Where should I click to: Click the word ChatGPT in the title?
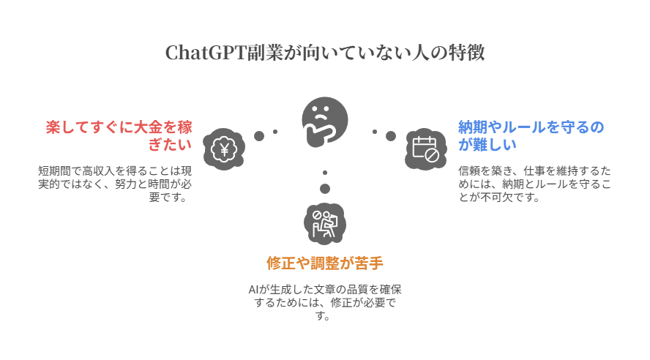206,53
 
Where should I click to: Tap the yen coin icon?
224,149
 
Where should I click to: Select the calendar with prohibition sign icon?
426,149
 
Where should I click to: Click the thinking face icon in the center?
324,121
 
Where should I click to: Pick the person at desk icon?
325,224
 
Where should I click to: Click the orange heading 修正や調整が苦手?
325,263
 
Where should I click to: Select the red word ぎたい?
170,145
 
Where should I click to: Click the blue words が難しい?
487,145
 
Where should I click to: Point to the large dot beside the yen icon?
259,136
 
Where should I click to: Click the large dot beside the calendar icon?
390,136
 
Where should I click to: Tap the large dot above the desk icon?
325,189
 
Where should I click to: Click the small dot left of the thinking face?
275,132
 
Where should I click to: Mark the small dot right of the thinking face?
375,132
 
